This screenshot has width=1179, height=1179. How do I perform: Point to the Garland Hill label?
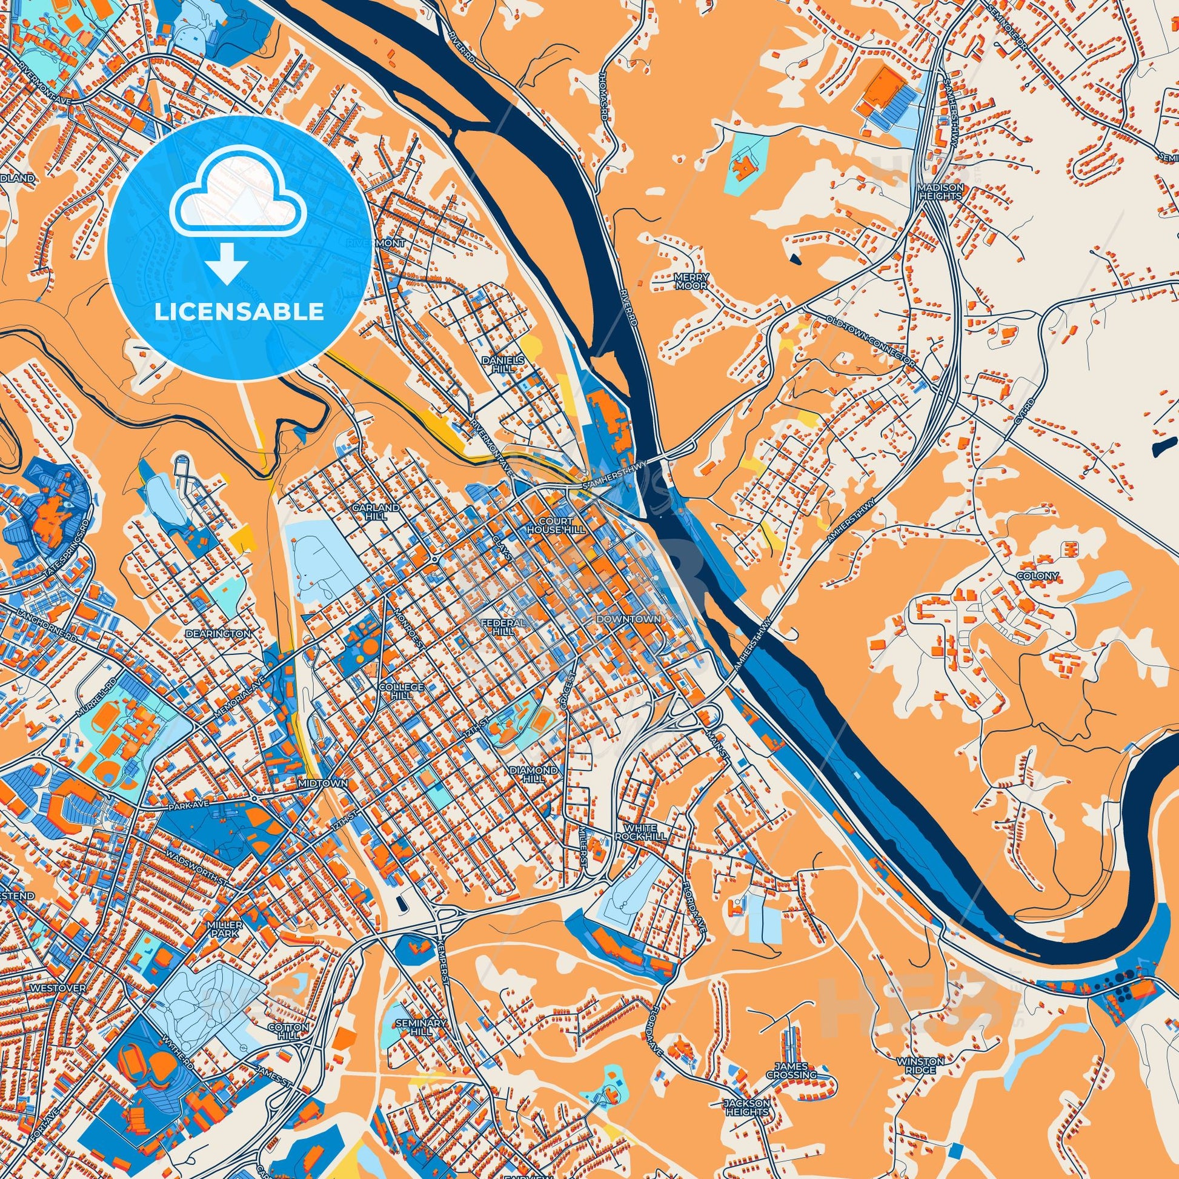[x=384, y=511]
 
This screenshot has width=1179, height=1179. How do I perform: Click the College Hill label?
[x=400, y=691]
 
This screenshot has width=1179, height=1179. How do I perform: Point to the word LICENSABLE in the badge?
[x=239, y=312]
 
